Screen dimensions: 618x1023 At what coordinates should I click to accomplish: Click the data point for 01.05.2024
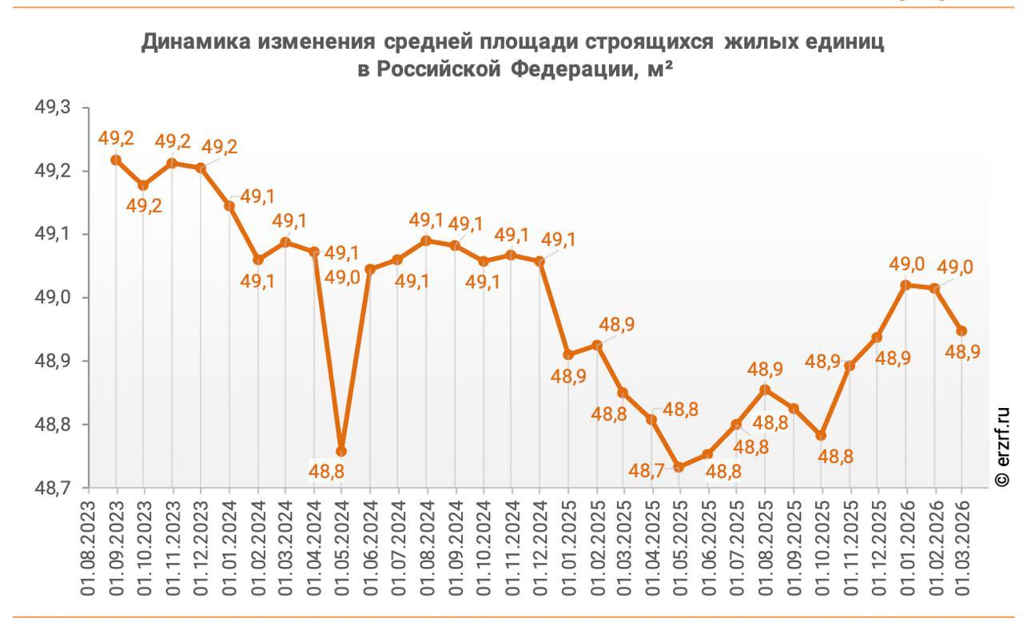pos(341,452)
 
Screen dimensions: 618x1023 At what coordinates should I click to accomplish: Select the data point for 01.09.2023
pos(116,160)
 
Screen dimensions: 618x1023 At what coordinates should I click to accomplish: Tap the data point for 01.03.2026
pos(962,331)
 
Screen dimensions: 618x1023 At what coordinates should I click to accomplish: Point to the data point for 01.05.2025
pos(679,467)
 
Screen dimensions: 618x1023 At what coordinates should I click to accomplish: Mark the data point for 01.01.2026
pos(906,284)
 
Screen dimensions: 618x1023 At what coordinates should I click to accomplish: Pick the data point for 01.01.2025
pos(567,355)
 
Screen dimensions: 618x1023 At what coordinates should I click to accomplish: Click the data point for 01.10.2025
pos(821,435)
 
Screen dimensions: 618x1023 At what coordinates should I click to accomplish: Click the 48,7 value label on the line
pos(645,471)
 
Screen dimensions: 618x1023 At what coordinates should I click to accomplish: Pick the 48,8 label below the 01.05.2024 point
pos(327,472)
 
